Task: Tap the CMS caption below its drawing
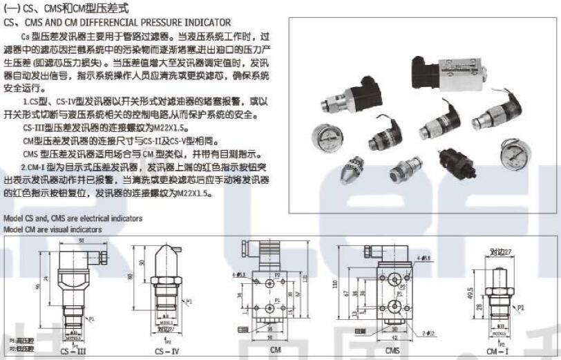392,350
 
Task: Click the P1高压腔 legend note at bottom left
21,341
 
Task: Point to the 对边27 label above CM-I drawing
500,252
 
